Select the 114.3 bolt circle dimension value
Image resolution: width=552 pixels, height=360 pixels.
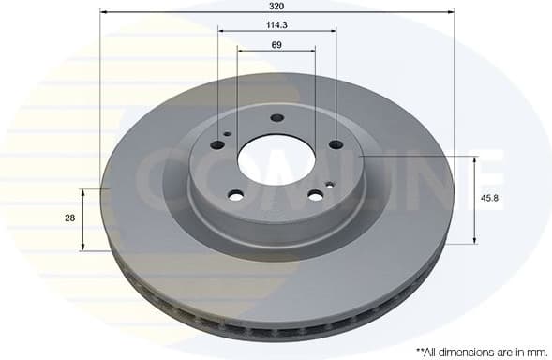click(276, 23)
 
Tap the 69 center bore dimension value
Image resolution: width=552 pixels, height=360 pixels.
click(276, 44)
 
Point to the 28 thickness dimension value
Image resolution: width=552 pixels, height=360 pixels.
click(69, 217)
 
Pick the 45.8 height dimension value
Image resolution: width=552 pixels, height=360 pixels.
click(488, 199)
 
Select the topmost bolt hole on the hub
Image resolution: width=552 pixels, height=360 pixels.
click(276, 118)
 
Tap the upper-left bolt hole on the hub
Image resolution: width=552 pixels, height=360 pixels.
click(218, 143)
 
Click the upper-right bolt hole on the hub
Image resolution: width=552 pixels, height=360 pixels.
click(336, 143)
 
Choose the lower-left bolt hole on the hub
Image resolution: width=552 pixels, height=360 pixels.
click(236, 195)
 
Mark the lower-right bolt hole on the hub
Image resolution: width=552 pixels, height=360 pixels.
click(316, 195)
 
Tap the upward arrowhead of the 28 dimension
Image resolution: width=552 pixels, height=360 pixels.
click(84, 191)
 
